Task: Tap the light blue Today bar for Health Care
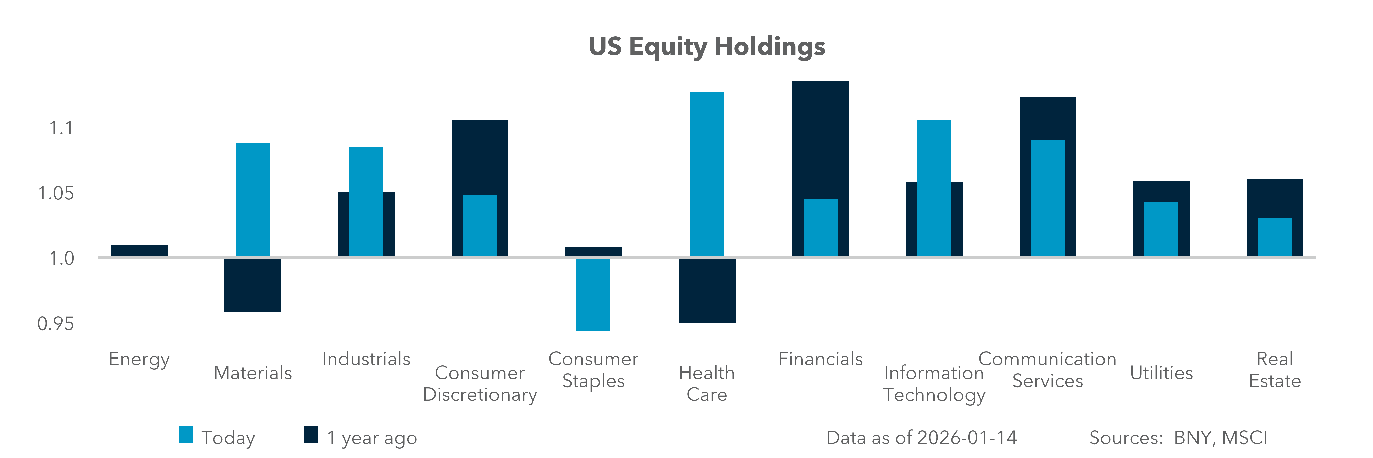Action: tap(707, 174)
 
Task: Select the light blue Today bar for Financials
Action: tap(820, 228)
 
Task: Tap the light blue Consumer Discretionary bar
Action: tap(480, 226)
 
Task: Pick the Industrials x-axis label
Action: tap(366, 359)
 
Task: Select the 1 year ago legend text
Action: tap(371, 438)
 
